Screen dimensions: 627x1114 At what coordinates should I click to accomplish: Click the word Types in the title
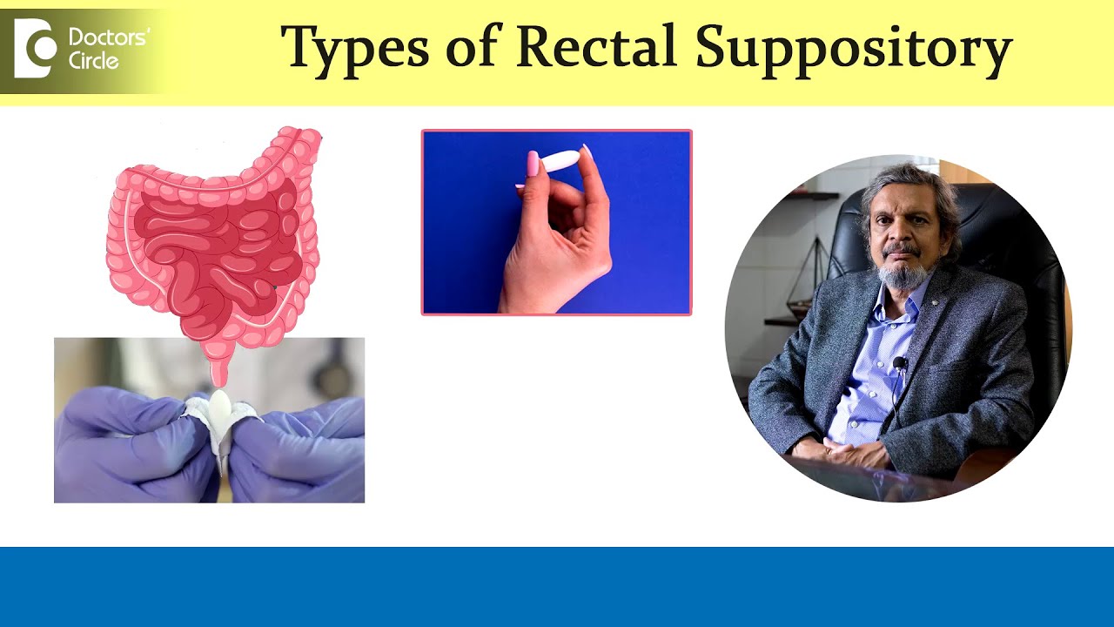click(355, 48)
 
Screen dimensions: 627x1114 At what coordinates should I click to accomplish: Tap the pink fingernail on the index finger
click(533, 163)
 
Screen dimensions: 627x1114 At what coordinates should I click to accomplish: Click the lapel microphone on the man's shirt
click(900, 362)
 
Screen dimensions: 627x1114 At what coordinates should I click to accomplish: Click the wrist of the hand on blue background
click(531, 292)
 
